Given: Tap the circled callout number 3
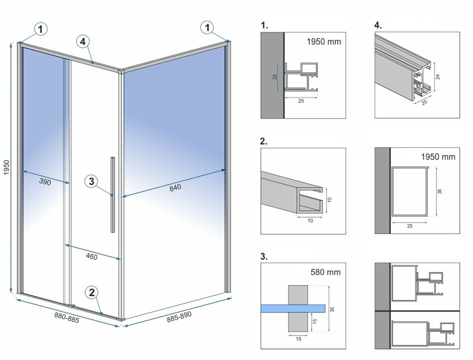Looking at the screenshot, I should coord(90,181).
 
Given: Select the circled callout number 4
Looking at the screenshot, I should coord(83,41).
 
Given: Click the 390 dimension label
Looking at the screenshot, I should coord(45,182).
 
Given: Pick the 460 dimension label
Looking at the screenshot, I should coord(91,257).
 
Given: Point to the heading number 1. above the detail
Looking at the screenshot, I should coord(264,24).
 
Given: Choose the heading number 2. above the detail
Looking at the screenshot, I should coord(264,141).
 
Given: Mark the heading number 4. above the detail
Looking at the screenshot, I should coord(378,24).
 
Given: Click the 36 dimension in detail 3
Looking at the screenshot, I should coord(332,308).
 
